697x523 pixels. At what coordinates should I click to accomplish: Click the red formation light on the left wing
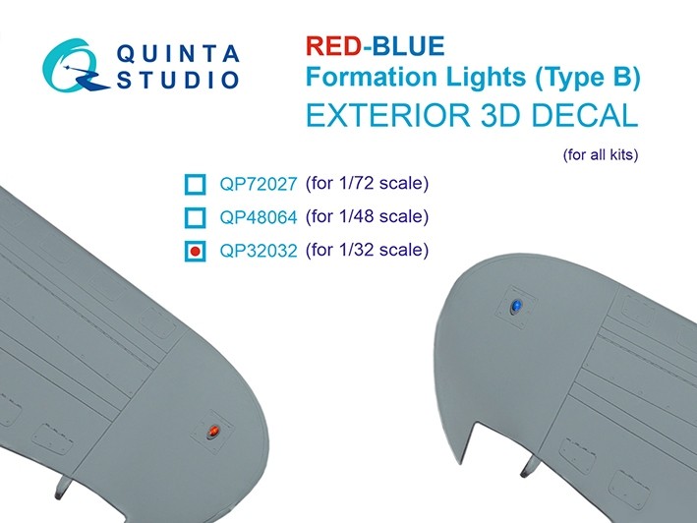(212, 432)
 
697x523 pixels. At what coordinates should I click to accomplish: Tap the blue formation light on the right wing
(514, 308)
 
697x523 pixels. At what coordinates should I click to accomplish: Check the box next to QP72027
(194, 184)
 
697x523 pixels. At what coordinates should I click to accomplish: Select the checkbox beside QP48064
(194, 217)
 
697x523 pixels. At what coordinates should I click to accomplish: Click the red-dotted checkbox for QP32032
(194, 252)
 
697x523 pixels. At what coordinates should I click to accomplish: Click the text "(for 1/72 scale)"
(368, 183)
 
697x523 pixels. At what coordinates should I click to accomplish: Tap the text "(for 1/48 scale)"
(368, 216)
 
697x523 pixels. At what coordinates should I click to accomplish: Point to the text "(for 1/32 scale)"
(368, 250)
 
